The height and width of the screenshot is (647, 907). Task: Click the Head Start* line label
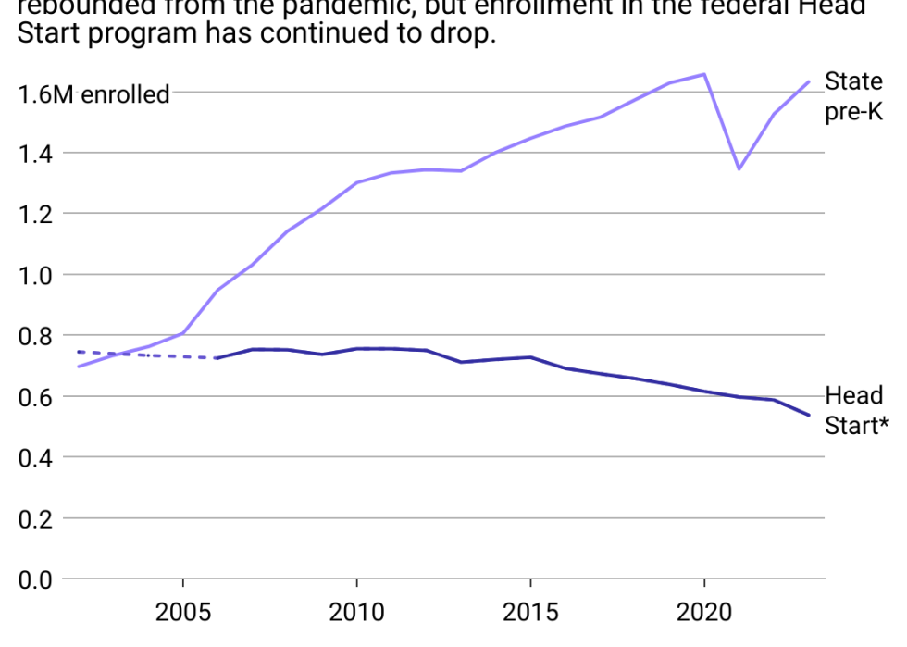click(856, 411)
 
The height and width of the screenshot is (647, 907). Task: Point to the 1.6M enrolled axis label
click(93, 93)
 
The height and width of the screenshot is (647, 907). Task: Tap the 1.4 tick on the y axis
click(37, 154)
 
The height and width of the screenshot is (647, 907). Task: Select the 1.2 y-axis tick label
click(37, 215)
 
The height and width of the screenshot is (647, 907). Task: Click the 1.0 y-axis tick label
click(37, 276)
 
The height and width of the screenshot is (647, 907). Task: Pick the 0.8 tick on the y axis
click(37, 336)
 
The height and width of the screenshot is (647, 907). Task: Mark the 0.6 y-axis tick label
click(37, 397)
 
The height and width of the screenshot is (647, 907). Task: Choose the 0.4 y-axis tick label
click(37, 458)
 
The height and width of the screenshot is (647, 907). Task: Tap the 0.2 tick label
click(37, 519)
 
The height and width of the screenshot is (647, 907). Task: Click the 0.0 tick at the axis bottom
click(37, 579)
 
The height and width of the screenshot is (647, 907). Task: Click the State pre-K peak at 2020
click(704, 74)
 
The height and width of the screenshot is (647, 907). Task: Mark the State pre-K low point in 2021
click(739, 168)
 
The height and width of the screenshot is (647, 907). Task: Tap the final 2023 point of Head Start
click(809, 415)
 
